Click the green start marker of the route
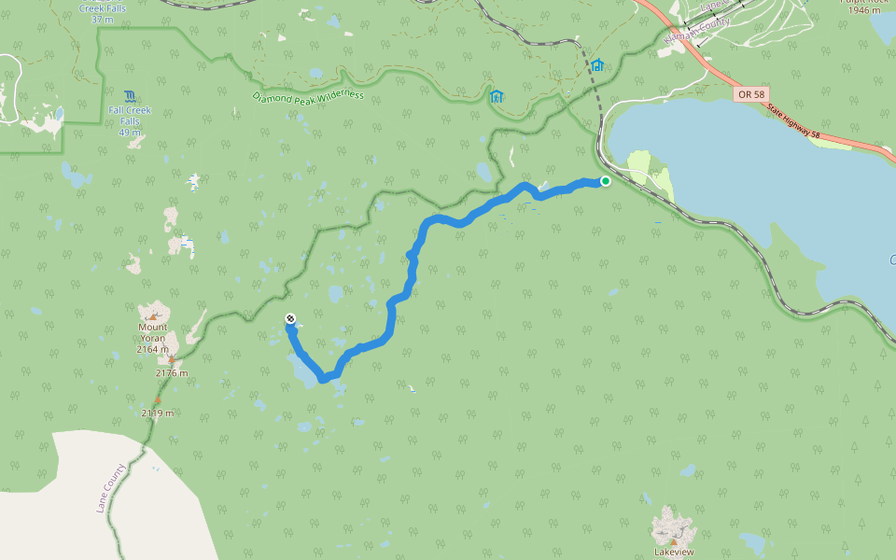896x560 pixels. point(606,181)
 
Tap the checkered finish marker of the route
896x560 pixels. point(290,319)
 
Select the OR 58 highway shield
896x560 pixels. point(749,94)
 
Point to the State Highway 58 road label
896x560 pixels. point(793,122)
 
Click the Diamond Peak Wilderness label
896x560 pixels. point(308,96)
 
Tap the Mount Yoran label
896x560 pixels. point(153,332)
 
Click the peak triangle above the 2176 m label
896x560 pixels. point(172,359)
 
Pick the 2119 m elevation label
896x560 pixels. point(158,412)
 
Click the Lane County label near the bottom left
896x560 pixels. point(110,488)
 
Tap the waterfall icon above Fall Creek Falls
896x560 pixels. point(129,95)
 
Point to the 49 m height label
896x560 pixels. point(130,132)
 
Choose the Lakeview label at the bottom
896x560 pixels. point(673,552)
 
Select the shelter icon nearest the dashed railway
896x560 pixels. point(596,65)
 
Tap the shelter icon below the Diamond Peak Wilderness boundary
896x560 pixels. point(497,95)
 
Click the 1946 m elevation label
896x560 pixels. point(865,10)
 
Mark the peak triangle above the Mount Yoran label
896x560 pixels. point(153,316)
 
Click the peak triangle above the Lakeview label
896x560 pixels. point(673,539)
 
